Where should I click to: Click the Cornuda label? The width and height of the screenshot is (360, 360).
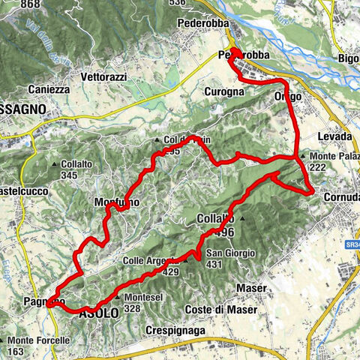pyautogui.click(x=341, y=196)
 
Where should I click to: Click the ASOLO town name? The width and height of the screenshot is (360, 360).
pyautogui.click(x=98, y=315)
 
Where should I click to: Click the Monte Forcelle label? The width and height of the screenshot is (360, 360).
pyautogui.click(x=43, y=340)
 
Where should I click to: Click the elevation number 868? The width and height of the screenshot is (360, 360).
pyautogui.click(x=31, y=4)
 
